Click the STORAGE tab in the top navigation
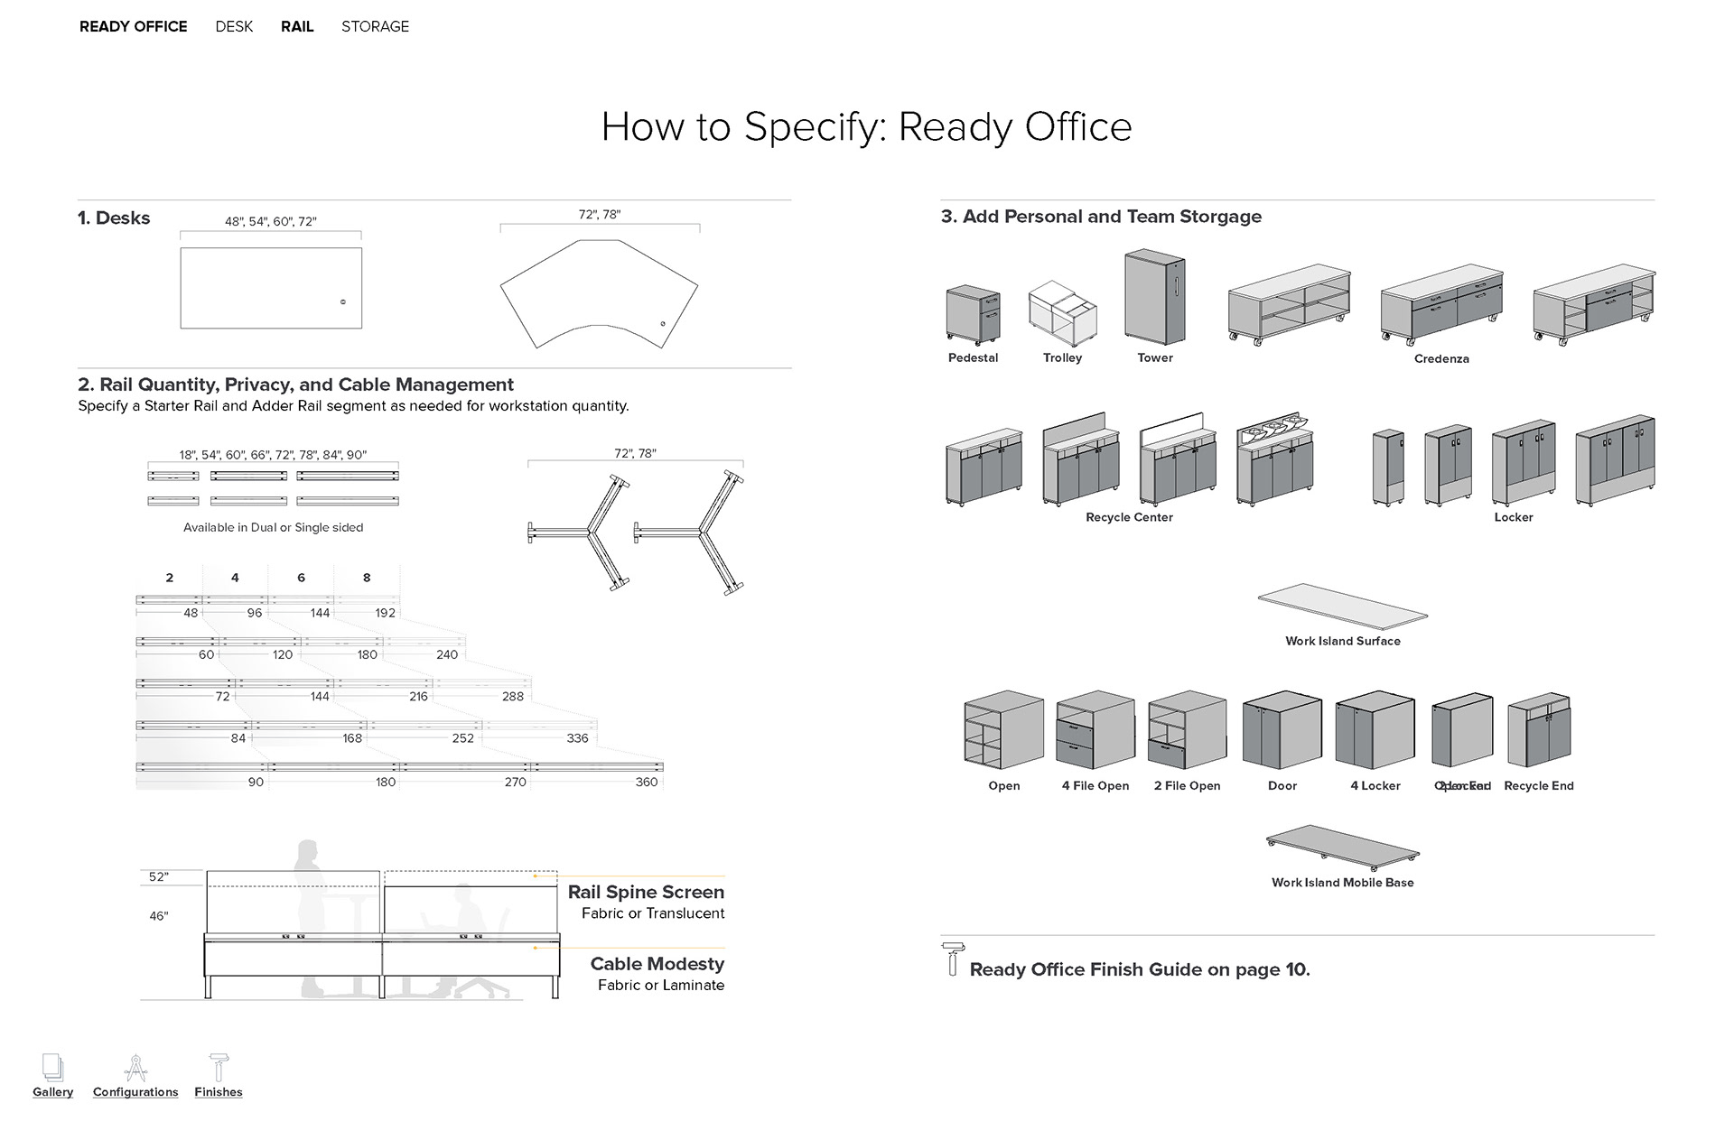[375, 26]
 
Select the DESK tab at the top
[234, 26]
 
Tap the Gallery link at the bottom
[53, 1091]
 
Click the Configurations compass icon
[135, 1068]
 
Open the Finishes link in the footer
[219, 1091]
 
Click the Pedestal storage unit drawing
[973, 315]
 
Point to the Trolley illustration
[1062, 312]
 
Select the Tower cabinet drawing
[1154, 298]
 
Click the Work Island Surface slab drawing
[1342, 607]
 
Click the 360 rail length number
[647, 782]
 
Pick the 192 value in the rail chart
[386, 613]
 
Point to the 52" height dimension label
[159, 876]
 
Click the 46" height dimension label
[159, 916]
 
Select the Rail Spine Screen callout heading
[646, 892]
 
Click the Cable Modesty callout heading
[657, 964]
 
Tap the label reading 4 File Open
[1095, 785]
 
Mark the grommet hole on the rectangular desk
[343, 301]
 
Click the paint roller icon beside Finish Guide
[952, 959]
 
